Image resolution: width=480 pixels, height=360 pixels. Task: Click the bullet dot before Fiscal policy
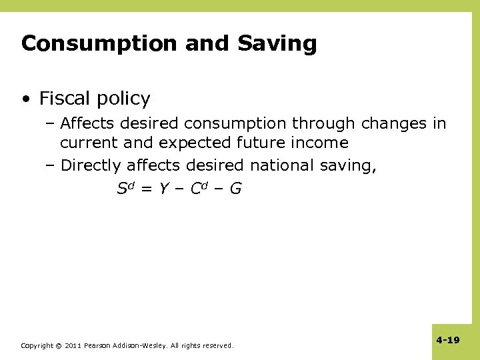25,99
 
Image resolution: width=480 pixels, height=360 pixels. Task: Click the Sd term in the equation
125,188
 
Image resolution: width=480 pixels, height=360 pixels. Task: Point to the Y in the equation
162,189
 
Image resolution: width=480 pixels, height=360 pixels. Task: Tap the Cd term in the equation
199,188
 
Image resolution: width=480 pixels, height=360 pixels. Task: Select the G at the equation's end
235,189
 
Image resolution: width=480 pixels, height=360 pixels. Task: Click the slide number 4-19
448,340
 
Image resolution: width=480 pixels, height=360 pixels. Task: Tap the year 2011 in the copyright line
73,345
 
